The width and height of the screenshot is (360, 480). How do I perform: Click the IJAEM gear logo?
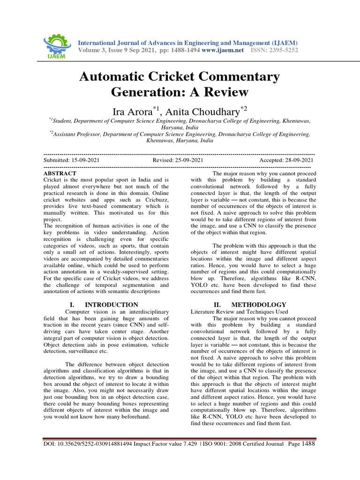coord(56,46)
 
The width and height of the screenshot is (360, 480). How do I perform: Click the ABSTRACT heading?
coord(60,173)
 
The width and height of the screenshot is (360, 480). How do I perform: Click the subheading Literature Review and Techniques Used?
coord(240,311)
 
